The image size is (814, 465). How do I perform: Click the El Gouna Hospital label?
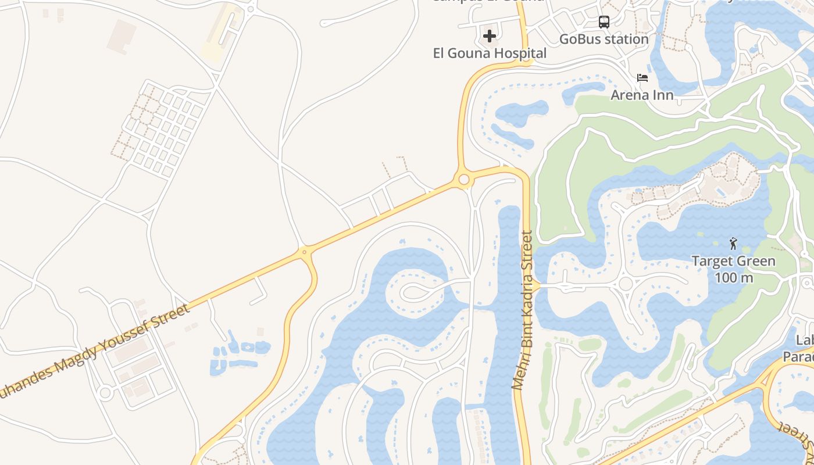tap(490, 53)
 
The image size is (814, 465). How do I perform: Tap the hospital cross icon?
tap(490, 36)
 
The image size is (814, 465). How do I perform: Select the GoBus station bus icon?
tap(604, 22)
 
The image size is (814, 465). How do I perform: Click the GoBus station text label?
tap(604, 39)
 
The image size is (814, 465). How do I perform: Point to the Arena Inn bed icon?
tap(642, 77)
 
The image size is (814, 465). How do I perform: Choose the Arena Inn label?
tap(642, 95)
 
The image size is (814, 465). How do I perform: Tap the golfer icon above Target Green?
tap(733, 243)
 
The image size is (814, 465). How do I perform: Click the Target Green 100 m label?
tap(733, 269)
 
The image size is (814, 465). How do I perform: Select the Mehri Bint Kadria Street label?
tap(522, 310)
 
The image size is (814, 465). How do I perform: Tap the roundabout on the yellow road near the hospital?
tap(463, 180)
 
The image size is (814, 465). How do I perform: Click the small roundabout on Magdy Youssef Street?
tap(304, 252)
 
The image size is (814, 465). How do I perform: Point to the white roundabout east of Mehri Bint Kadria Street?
tap(626, 284)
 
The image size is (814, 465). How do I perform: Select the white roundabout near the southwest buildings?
tap(105, 393)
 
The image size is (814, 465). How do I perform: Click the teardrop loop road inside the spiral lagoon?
tap(415, 292)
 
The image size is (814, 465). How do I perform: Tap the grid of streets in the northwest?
tap(160, 129)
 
